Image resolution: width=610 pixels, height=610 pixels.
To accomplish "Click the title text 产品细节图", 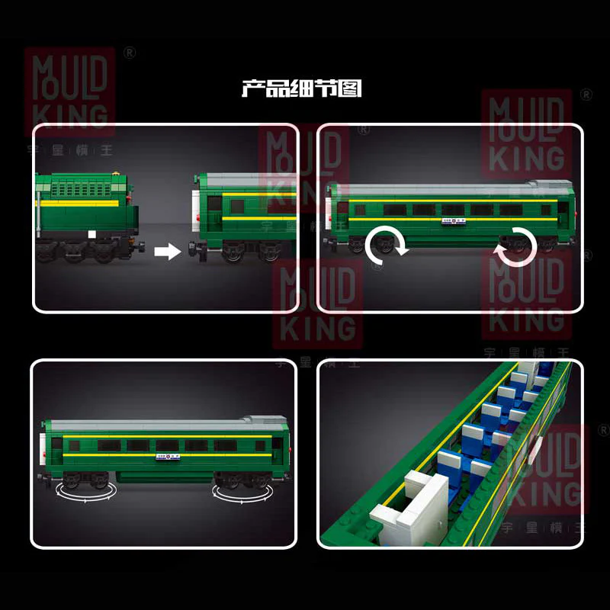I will (301, 89).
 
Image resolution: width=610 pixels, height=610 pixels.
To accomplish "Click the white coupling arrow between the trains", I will (166, 250).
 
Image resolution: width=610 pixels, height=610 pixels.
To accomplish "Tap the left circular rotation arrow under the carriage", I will (386, 246).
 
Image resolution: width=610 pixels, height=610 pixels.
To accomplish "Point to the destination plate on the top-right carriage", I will (451, 223).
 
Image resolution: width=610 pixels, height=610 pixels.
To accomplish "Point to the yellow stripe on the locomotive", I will (84, 204).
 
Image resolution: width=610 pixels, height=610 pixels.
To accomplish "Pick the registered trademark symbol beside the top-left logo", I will (130, 53).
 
